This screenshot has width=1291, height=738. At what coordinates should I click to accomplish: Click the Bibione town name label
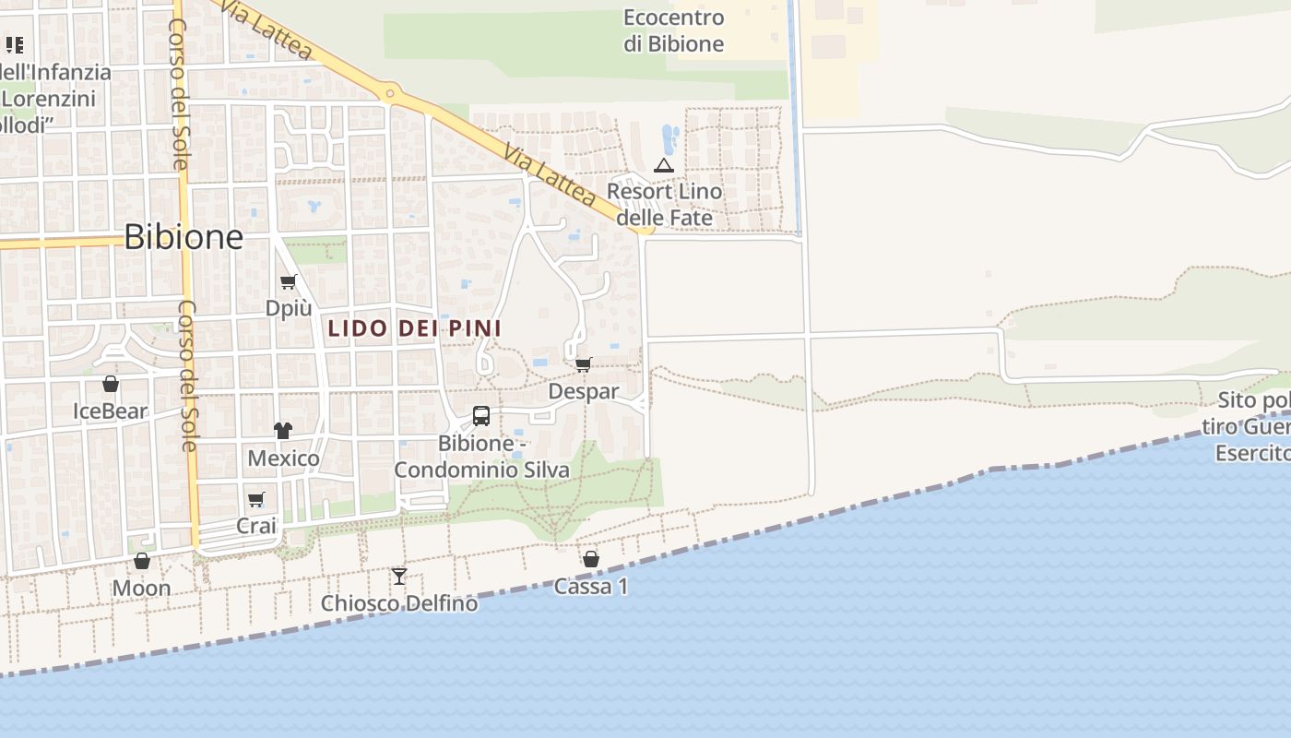tap(184, 237)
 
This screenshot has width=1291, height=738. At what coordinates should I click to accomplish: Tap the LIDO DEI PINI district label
tap(414, 328)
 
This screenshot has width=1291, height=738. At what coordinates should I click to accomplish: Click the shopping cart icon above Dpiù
tap(289, 281)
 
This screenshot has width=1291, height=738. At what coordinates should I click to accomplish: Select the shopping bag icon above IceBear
tap(111, 384)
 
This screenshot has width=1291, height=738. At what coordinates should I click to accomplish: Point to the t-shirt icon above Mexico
tap(283, 430)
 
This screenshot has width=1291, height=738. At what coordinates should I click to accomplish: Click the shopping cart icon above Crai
tap(256, 499)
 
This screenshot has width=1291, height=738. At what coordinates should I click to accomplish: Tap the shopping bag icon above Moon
tap(142, 561)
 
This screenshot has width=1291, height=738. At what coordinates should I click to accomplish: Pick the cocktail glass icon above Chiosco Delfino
tap(399, 577)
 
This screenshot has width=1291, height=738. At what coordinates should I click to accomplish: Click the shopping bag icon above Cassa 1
tap(591, 559)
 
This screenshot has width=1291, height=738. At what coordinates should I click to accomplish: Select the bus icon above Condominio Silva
tap(481, 416)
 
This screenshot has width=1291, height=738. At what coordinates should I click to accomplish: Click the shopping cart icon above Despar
tap(584, 364)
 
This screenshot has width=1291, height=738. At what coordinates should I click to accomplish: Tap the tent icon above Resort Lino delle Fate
tap(663, 166)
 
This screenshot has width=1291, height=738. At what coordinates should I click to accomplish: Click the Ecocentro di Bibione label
tap(673, 30)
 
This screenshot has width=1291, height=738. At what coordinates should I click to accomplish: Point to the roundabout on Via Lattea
tap(390, 93)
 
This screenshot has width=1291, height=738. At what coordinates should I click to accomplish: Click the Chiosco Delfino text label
tap(399, 603)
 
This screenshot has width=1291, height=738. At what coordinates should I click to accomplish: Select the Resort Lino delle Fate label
tap(664, 205)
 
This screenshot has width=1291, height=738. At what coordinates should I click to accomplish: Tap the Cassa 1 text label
tap(591, 586)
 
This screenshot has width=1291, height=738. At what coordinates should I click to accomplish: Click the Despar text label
tap(584, 391)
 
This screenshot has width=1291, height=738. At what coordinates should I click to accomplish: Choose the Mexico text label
tap(283, 458)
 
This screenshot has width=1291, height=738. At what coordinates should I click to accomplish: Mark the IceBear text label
tap(111, 411)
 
